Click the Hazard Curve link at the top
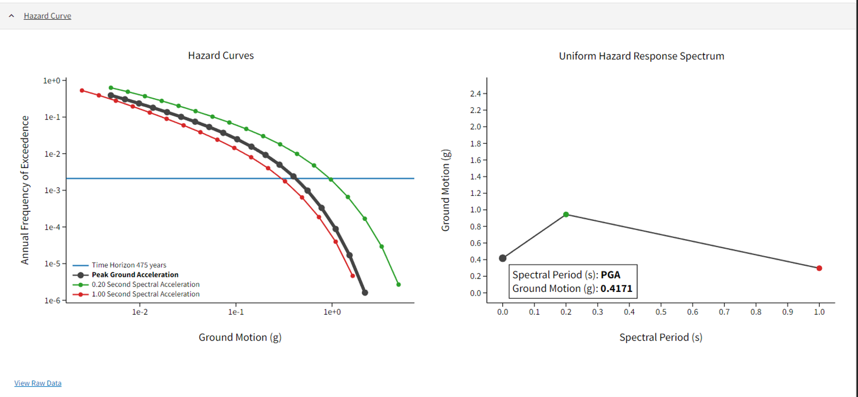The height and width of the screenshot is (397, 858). [x=47, y=16]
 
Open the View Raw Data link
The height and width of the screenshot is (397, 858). [x=38, y=383]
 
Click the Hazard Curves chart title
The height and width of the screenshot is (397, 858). [x=221, y=55]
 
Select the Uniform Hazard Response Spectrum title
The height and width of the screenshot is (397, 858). [x=641, y=56]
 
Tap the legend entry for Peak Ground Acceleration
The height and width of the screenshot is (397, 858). [x=135, y=275]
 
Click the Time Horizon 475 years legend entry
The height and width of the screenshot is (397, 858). [x=129, y=265]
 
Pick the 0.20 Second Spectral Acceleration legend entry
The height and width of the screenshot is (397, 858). [x=145, y=284]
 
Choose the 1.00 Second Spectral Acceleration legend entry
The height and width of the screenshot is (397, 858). [x=145, y=294]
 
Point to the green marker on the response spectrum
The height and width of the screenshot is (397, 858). [x=566, y=215]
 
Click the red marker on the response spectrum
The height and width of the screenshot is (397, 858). [x=819, y=268]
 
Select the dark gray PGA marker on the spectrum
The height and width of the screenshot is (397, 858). [x=502, y=258]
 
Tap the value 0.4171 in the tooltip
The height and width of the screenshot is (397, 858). [x=616, y=289]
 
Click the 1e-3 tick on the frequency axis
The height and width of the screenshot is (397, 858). [x=52, y=190]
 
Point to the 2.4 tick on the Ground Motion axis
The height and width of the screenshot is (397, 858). [x=475, y=94]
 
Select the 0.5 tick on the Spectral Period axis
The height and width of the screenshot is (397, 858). [x=661, y=312]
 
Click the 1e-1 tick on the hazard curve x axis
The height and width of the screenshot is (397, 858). [x=235, y=312]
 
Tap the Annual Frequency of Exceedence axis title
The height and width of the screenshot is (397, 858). [x=25, y=190]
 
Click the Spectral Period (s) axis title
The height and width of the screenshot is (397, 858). [x=660, y=337]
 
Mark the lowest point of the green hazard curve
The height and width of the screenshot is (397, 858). [x=398, y=284]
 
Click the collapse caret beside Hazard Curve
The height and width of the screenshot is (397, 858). [x=11, y=16]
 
